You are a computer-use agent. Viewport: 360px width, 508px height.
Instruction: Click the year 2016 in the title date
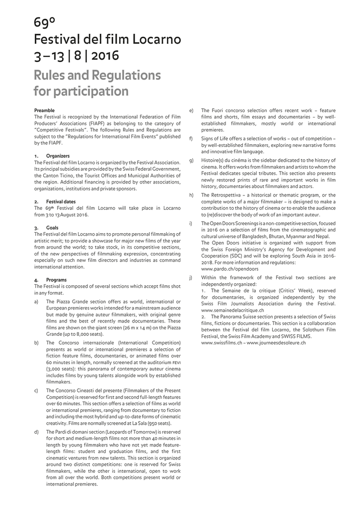coord(105,56)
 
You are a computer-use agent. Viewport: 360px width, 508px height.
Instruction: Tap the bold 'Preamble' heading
coord(45,110)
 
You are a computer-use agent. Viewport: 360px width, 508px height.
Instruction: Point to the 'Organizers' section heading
coord(58,156)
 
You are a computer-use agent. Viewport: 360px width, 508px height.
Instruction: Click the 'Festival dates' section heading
coord(61,202)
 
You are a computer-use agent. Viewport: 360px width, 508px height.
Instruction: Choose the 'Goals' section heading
coord(53,227)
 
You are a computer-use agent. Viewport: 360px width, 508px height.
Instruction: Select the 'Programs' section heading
coord(56,280)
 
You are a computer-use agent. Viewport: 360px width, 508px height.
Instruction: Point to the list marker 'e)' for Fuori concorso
coord(191,110)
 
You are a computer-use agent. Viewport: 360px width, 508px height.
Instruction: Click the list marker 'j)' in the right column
coord(191,278)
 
